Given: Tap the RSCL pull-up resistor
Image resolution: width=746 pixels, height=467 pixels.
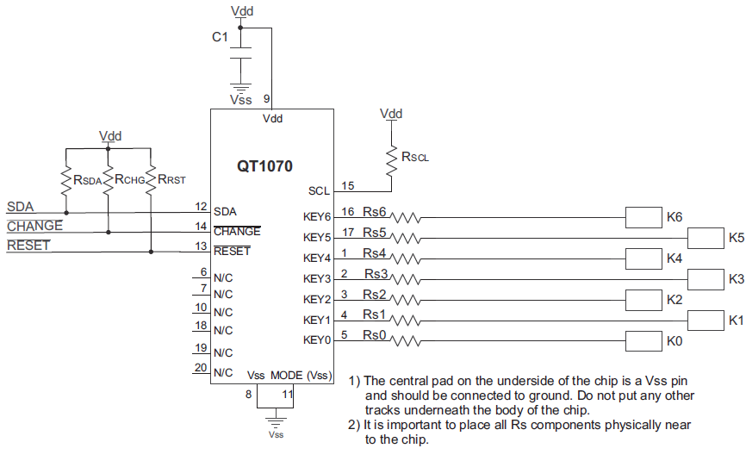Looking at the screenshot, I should (x=392, y=157).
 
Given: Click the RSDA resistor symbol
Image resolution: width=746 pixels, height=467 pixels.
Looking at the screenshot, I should (x=65, y=179).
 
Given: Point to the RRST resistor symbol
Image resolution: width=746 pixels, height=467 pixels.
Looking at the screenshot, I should (x=151, y=179).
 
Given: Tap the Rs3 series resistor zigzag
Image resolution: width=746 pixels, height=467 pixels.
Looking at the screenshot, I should (x=406, y=279).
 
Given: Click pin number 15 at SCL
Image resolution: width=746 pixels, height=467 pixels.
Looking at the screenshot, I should (x=348, y=185).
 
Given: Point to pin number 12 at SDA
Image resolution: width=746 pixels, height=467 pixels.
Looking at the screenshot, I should (x=201, y=207).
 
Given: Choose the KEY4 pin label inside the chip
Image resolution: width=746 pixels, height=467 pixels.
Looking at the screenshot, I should (x=317, y=258).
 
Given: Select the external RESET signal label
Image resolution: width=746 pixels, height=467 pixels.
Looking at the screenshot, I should (x=28, y=246).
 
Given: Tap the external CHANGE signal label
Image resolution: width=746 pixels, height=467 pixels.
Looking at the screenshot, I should (x=34, y=226).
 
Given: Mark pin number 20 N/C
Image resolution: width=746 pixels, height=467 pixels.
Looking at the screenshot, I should (x=201, y=368).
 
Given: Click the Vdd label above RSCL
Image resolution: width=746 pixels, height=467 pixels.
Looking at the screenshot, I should (x=391, y=114).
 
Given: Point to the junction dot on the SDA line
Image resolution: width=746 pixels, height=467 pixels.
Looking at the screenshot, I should (x=65, y=212).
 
